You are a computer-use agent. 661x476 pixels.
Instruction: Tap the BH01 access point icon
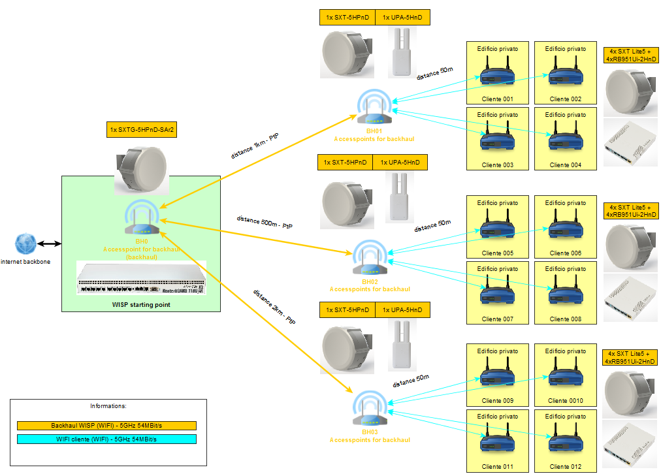coord(374,108)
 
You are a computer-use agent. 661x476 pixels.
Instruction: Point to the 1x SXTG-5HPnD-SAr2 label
coord(142,130)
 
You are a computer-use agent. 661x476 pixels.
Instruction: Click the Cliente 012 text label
coord(566,466)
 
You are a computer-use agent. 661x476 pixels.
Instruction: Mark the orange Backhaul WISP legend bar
coord(107,426)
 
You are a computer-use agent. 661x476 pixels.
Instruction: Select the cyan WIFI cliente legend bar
coord(107,439)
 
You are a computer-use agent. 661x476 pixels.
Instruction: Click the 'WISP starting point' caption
coord(141,304)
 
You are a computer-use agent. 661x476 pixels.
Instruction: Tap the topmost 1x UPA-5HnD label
coord(403,18)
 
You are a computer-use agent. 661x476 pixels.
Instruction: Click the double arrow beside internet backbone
coord(49,244)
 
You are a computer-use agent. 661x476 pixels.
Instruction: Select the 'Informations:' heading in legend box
coord(108,406)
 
